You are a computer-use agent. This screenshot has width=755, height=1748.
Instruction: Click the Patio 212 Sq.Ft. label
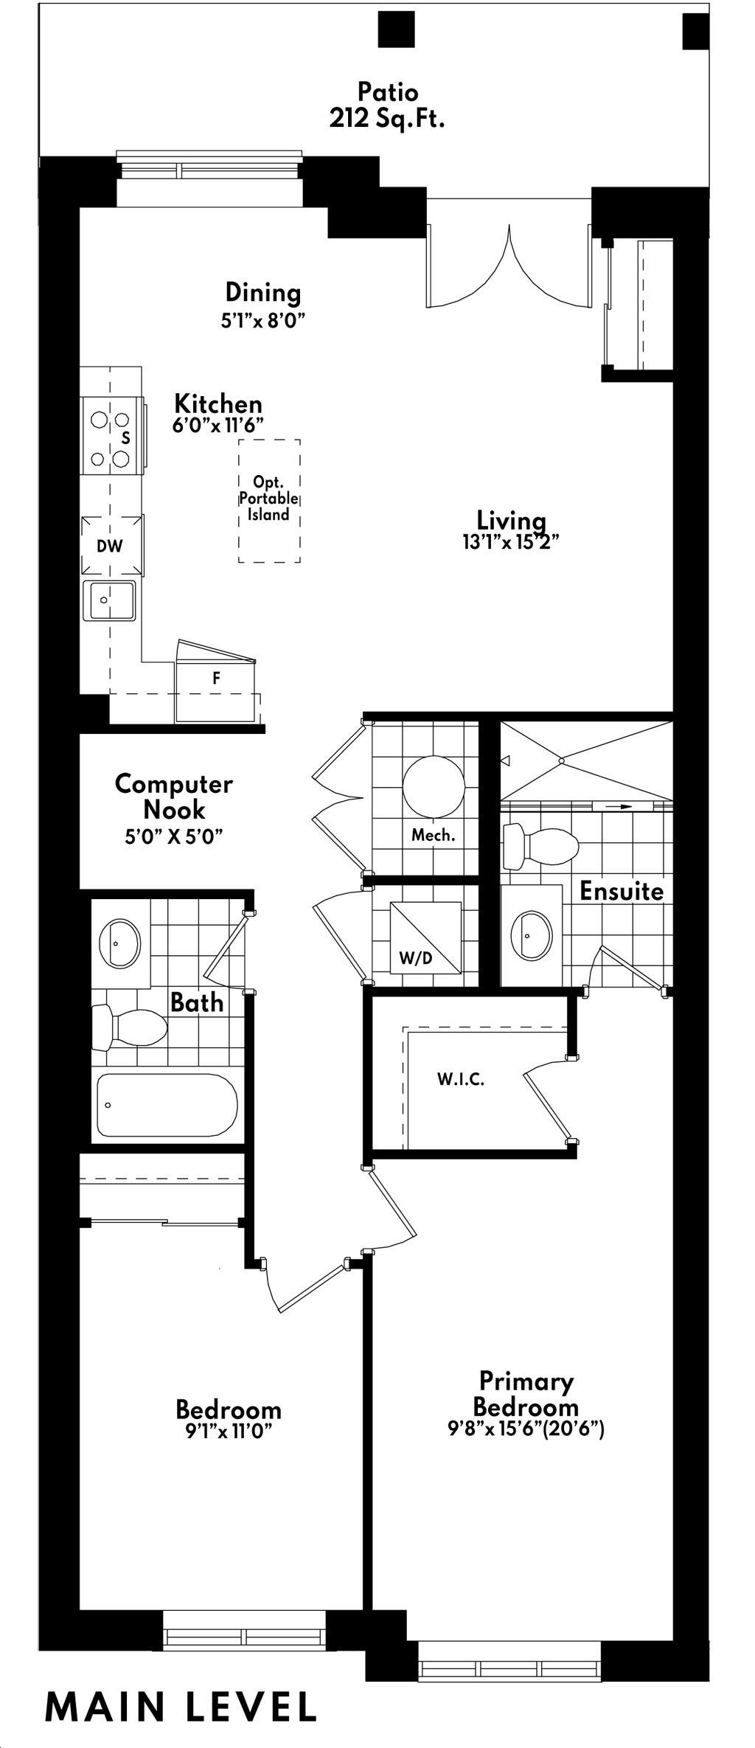(387, 105)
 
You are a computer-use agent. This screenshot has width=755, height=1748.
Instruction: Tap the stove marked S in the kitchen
(111, 435)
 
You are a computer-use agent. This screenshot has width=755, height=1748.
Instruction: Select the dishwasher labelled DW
(111, 546)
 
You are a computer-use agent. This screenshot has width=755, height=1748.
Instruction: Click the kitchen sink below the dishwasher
(109, 600)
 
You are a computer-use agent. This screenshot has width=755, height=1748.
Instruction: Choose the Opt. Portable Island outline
(269, 502)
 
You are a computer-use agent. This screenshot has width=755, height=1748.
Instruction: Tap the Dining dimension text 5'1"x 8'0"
(263, 322)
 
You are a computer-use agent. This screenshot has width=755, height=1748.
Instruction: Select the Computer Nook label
(174, 797)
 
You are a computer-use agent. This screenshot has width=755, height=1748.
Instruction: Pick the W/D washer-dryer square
(425, 937)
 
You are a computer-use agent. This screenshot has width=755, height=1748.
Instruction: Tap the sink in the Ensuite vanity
(531, 936)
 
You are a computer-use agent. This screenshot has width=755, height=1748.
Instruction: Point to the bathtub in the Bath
(167, 1106)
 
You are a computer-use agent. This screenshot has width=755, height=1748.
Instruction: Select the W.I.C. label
(461, 1080)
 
